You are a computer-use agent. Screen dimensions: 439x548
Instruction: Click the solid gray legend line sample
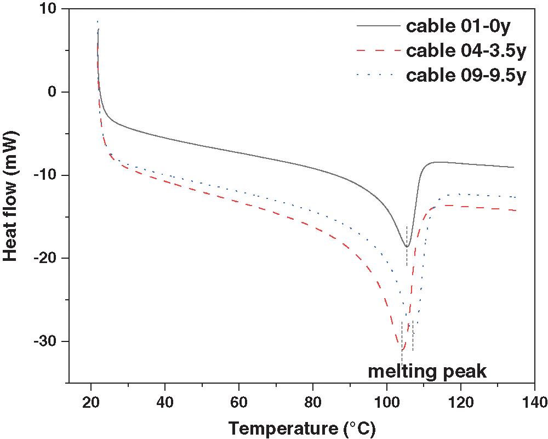[378, 26]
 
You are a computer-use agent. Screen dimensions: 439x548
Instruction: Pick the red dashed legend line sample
[378, 50]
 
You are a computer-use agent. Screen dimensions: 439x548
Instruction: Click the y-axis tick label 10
[50, 9]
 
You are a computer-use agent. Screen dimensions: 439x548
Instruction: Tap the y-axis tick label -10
[47, 175]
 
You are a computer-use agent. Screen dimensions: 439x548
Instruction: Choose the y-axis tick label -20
[47, 259]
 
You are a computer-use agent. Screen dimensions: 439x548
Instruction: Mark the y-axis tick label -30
[47, 342]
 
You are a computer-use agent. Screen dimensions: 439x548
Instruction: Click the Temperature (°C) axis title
[302, 427]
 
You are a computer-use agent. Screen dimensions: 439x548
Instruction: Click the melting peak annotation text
[427, 371]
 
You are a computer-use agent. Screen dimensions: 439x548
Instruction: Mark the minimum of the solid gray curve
[407, 247]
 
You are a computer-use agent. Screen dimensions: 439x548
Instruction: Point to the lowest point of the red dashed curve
[402, 349]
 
